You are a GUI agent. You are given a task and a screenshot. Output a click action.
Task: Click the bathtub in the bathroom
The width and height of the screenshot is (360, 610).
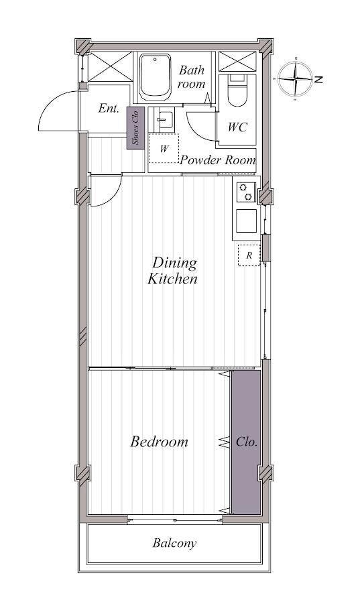tap(156, 76)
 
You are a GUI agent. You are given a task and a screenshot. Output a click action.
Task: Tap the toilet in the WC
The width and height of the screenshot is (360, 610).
tap(237, 90)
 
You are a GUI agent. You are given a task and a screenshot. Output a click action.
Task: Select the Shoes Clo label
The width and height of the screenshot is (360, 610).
tap(135, 128)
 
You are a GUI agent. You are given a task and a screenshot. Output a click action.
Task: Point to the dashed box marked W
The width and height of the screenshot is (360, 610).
tap(164, 148)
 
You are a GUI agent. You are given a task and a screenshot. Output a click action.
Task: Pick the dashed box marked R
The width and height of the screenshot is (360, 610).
tap(249, 255)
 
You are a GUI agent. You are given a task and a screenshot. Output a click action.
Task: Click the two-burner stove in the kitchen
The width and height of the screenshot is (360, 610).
tap(245, 192)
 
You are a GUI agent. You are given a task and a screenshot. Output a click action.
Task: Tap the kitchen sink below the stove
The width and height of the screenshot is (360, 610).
tap(246, 221)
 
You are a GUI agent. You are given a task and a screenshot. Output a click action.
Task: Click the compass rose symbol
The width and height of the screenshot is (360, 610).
tap(296, 78)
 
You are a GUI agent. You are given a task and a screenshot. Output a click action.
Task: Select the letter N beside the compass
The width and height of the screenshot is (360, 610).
tap(318, 80)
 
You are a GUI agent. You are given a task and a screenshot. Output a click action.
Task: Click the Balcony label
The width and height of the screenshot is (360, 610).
tap(174, 543)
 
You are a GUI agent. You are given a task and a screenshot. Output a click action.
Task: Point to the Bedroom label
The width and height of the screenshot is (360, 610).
tap(159, 442)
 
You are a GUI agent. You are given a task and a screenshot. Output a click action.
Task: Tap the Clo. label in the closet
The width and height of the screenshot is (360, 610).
tap(247, 442)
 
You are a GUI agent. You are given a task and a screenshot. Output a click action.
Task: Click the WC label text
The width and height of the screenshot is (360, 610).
tap(237, 127)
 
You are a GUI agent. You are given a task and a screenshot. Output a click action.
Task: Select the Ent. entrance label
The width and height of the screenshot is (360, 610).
tap(109, 108)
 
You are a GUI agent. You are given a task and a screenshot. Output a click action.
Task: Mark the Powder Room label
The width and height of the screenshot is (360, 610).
tap(218, 160)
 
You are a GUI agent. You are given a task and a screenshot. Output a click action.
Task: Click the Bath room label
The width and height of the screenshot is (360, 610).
tap(192, 77)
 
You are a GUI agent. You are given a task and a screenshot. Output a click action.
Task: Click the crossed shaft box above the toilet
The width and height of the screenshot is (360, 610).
tap(237, 62)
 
